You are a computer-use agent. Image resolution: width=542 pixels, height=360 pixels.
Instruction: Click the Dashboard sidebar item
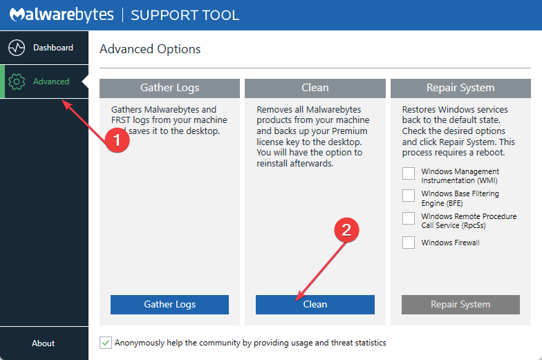click(x=44, y=48)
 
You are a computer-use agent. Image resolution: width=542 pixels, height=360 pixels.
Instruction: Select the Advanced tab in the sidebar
click(x=44, y=82)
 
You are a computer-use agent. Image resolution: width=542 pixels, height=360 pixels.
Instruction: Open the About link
click(x=44, y=343)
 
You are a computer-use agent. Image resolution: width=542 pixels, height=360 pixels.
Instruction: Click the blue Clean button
click(x=315, y=305)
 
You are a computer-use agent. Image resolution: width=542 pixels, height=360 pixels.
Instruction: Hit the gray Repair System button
click(x=460, y=305)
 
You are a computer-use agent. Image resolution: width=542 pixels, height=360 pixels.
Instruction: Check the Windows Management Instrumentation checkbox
click(x=409, y=173)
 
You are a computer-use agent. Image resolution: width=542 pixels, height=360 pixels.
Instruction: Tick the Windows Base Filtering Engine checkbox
click(x=409, y=196)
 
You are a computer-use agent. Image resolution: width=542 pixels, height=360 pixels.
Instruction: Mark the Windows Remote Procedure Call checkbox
click(x=409, y=218)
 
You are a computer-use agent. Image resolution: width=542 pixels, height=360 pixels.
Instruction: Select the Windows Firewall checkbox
click(x=409, y=243)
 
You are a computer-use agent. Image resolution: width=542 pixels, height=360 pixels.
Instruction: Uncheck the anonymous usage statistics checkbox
click(x=105, y=343)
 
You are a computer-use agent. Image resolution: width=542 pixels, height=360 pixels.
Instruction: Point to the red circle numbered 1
click(x=117, y=140)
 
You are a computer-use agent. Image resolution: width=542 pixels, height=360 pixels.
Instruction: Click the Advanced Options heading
click(x=150, y=49)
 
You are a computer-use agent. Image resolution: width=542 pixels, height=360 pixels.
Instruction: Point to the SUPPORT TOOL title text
click(x=185, y=15)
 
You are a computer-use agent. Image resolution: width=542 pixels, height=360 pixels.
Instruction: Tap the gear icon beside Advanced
click(x=16, y=82)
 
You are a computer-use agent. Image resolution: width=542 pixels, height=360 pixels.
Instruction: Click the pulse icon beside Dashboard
click(x=16, y=48)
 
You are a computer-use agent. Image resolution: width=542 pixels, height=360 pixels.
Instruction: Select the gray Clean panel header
click(x=315, y=88)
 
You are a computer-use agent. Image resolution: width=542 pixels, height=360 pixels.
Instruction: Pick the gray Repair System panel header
click(x=460, y=88)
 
